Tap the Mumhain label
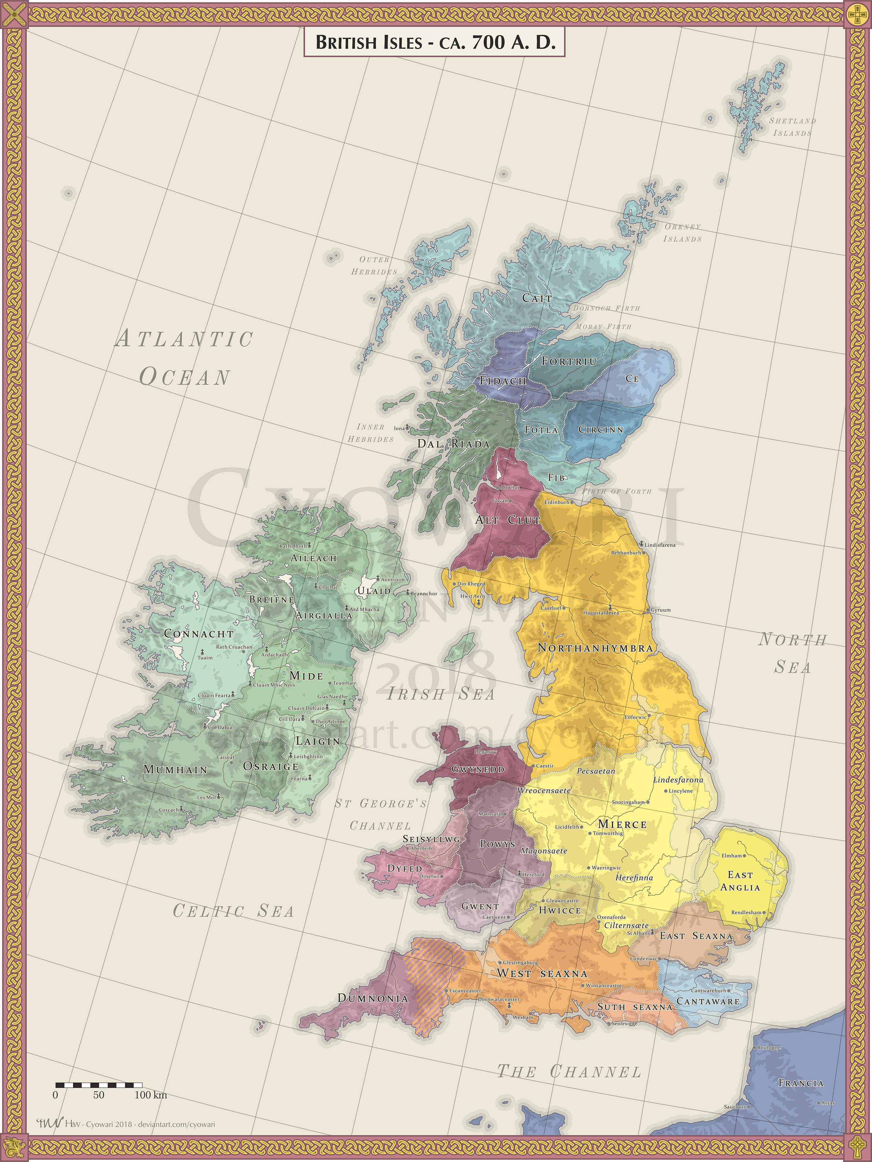pos(175,769)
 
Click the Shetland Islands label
pos(792,127)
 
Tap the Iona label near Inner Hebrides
pos(400,428)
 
